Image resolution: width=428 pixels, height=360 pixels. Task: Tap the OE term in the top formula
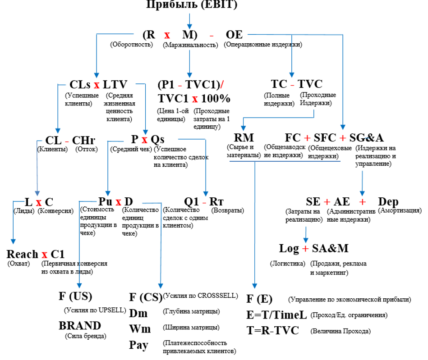click(x=234, y=35)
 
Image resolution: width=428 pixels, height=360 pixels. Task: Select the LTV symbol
click(x=115, y=85)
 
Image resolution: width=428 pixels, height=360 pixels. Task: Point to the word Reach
click(x=22, y=254)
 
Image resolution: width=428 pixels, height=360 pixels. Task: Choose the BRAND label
click(x=80, y=325)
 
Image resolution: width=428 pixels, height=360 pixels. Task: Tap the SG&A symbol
click(x=368, y=137)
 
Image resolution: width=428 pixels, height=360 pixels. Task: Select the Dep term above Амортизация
click(x=388, y=201)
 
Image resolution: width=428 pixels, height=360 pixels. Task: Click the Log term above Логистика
click(x=289, y=248)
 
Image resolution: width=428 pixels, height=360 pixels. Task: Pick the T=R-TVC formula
click(x=272, y=330)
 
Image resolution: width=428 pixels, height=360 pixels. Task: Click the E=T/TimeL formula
click(x=276, y=315)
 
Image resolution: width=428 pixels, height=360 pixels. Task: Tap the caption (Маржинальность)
click(x=191, y=45)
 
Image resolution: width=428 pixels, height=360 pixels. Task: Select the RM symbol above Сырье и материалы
click(x=244, y=137)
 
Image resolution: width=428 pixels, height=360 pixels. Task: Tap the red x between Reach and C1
click(x=45, y=254)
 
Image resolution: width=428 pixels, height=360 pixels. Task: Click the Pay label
click(x=138, y=345)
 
